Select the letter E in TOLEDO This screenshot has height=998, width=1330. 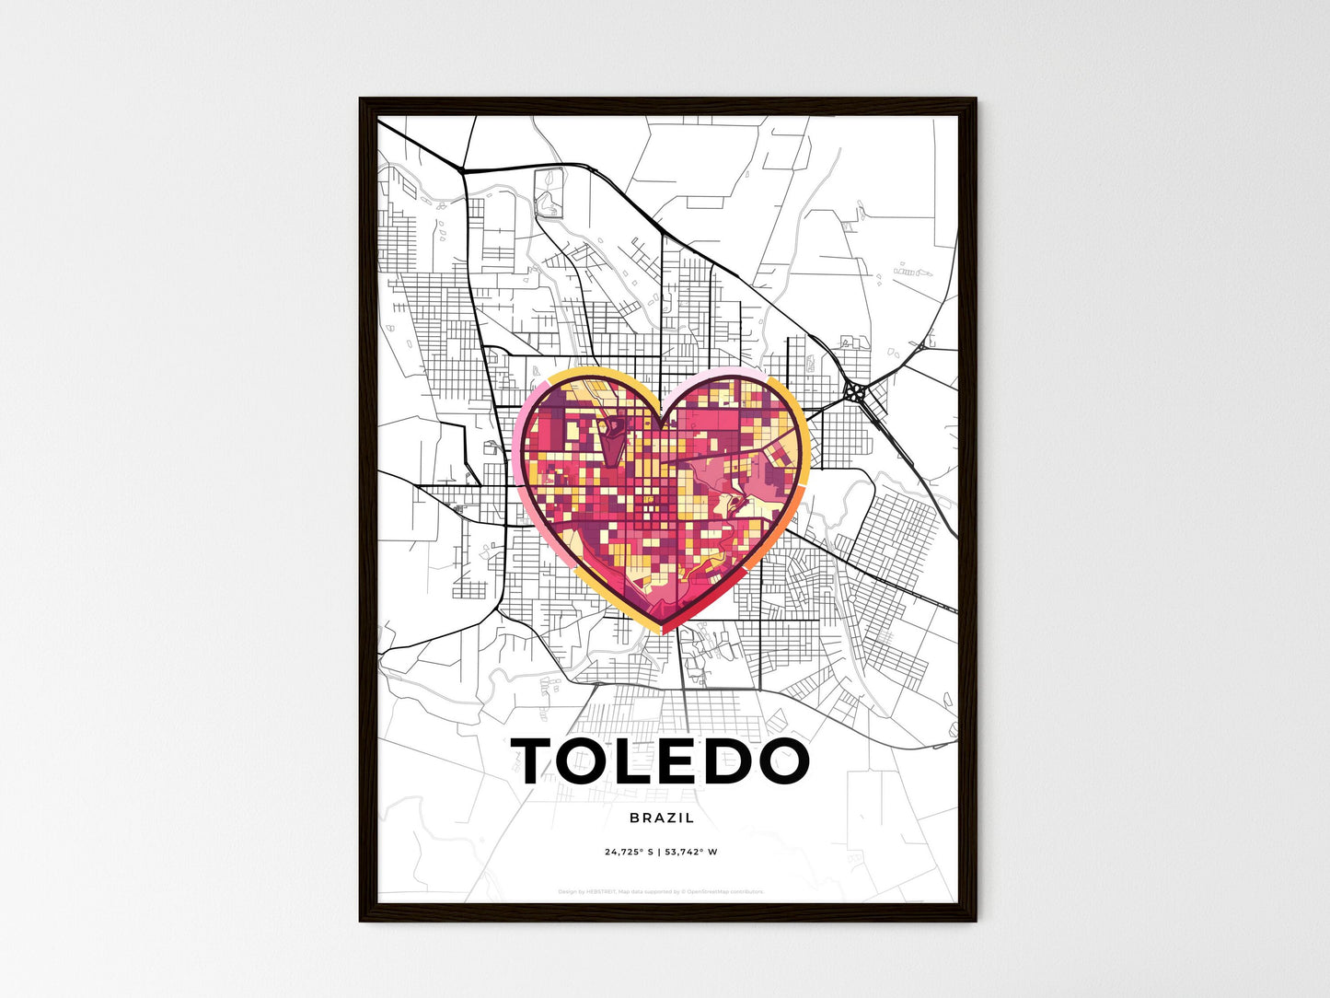pyautogui.click(x=689, y=761)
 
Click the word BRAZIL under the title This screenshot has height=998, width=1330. pyautogui.click(x=663, y=818)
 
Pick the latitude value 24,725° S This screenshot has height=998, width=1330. pyautogui.click(x=629, y=853)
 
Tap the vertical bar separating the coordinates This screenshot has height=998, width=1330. pyautogui.click(x=659, y=853)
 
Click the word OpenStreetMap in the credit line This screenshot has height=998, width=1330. pyautogui.click(x=721, y=891)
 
